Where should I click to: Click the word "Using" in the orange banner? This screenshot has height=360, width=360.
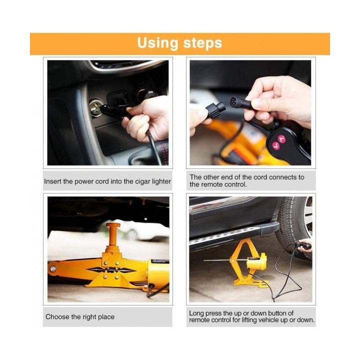coord(157,43)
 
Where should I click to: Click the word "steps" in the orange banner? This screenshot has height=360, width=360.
coord(202,43)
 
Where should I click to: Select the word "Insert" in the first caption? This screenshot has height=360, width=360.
coord(53,181)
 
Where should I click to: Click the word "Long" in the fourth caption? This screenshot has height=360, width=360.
coord(196,313)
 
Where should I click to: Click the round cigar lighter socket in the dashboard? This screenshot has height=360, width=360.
coord(95,107)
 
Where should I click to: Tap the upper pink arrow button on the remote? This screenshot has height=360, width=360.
coord(281,138)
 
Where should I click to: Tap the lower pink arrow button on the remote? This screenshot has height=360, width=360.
coord(276,145)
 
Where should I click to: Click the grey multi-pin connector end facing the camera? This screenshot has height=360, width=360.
coord(235,102)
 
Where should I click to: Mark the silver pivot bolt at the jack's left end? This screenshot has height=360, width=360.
coord(53,269)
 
